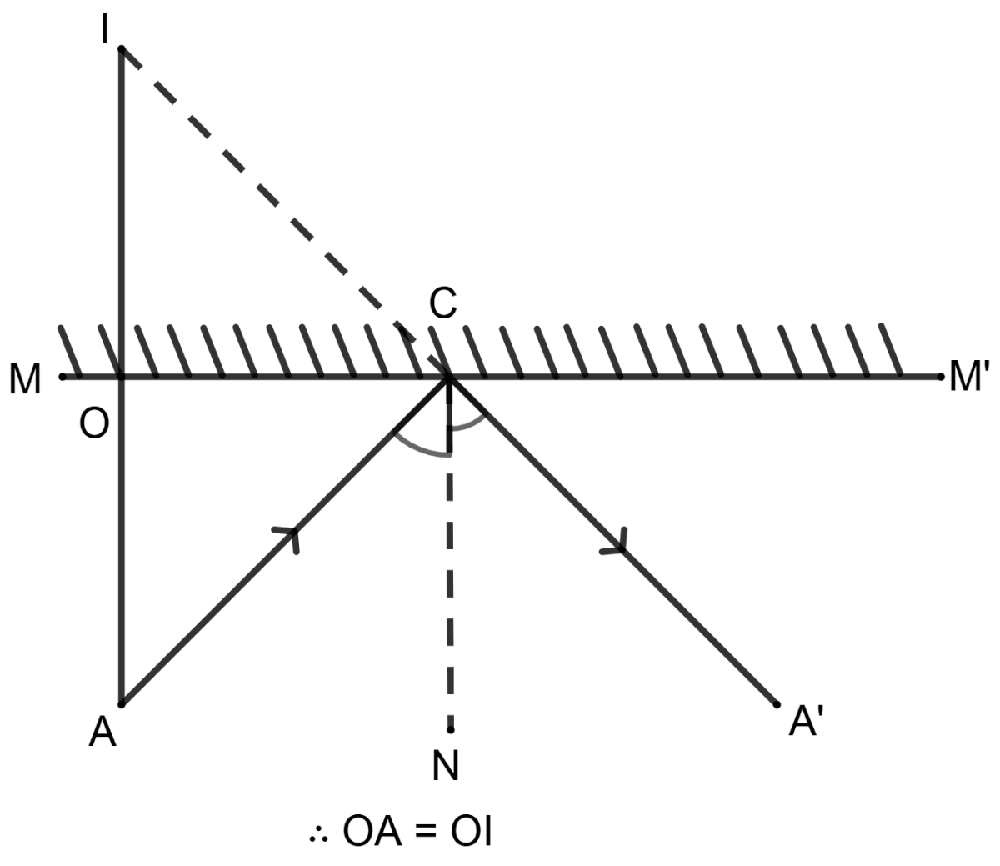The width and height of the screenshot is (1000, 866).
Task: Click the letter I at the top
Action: (105, 32)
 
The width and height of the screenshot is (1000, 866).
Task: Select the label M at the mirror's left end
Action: (25, 380)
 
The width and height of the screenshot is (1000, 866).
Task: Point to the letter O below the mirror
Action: (94, 424)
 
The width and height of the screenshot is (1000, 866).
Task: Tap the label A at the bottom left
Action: (103, 733)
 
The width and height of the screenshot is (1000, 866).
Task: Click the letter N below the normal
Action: (447, 766)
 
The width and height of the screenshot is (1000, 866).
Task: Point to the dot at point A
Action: (122, 704)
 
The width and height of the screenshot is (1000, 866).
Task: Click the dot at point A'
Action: (777, 704)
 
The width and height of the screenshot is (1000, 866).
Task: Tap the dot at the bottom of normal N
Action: (450, 730)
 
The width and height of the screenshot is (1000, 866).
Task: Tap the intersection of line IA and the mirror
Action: (122, 378)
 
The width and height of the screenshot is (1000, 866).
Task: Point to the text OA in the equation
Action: (372, 833)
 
